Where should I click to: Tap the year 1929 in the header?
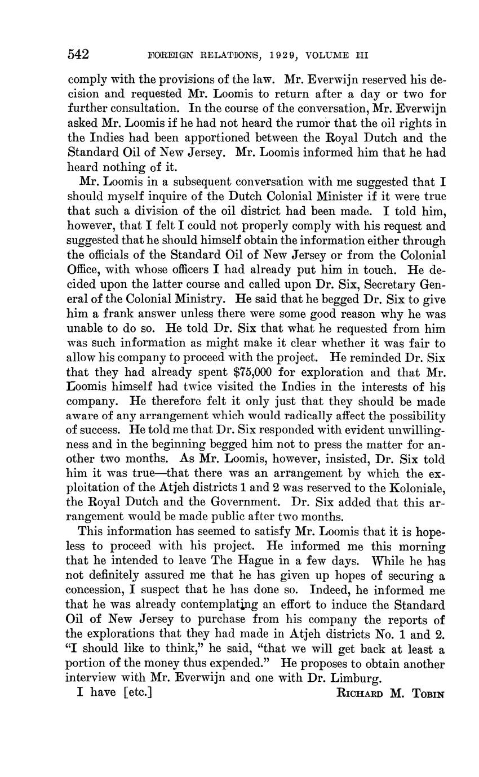pos(270,55)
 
